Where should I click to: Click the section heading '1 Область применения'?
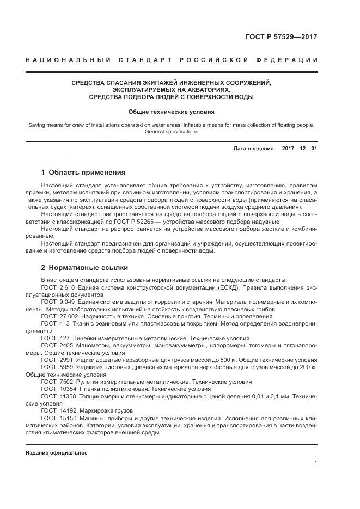[x=83, y=172]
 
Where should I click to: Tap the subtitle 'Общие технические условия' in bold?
[x=171, y=112]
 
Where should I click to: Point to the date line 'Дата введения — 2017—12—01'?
[x=275, y=149]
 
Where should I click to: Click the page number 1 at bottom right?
[x=315, y=463]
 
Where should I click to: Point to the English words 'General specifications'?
[x=171, y=132]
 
